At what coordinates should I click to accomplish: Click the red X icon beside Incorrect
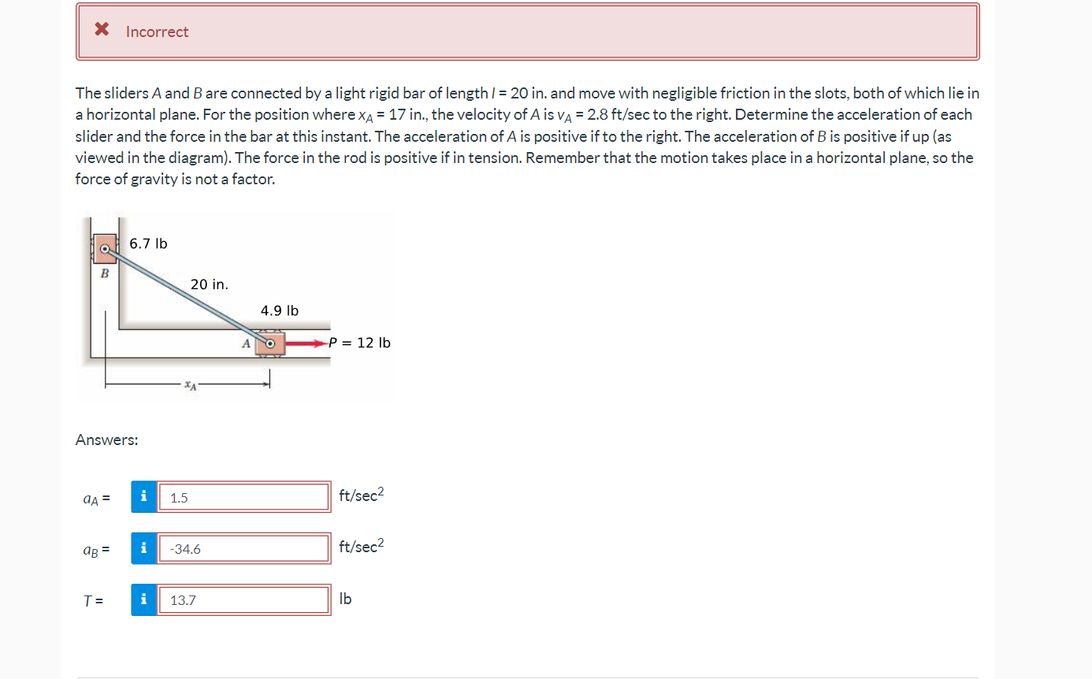(x=102, y=31)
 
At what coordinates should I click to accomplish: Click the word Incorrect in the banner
(x=157, y=32)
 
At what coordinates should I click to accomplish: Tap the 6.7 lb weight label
(x=148, y=243)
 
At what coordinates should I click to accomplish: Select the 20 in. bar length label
(x=209, y=284)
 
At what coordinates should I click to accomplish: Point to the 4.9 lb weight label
(x=280, y=311)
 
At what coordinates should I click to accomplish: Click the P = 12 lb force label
(x=359, y=343)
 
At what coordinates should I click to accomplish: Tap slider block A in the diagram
(x=269, y=343)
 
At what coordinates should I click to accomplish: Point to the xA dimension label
(x=189, y=385)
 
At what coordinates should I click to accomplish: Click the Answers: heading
(x=106, y=440)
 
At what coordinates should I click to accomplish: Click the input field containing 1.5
(x=243, y=498)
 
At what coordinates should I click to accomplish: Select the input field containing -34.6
(x=243, y=549)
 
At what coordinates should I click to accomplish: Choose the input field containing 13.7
(x=243, y=600)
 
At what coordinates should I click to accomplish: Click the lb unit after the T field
(x=345, y=599)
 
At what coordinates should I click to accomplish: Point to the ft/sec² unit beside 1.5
(x=361, y=495)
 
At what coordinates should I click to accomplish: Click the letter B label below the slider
(x=103, y=274)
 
